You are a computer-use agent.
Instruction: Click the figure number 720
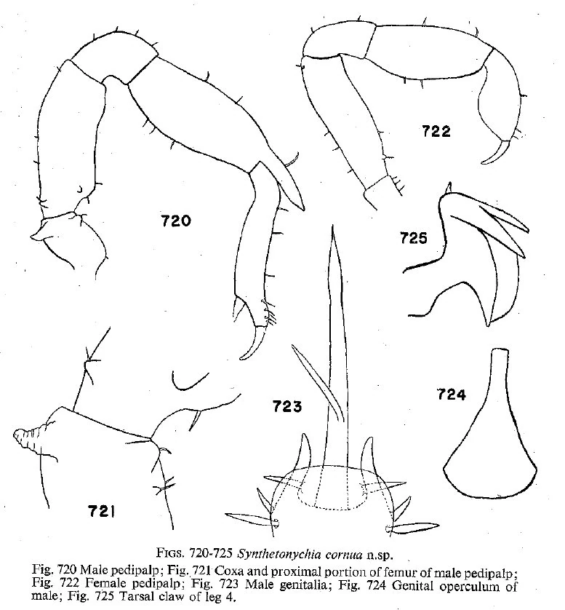pos(176,218)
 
